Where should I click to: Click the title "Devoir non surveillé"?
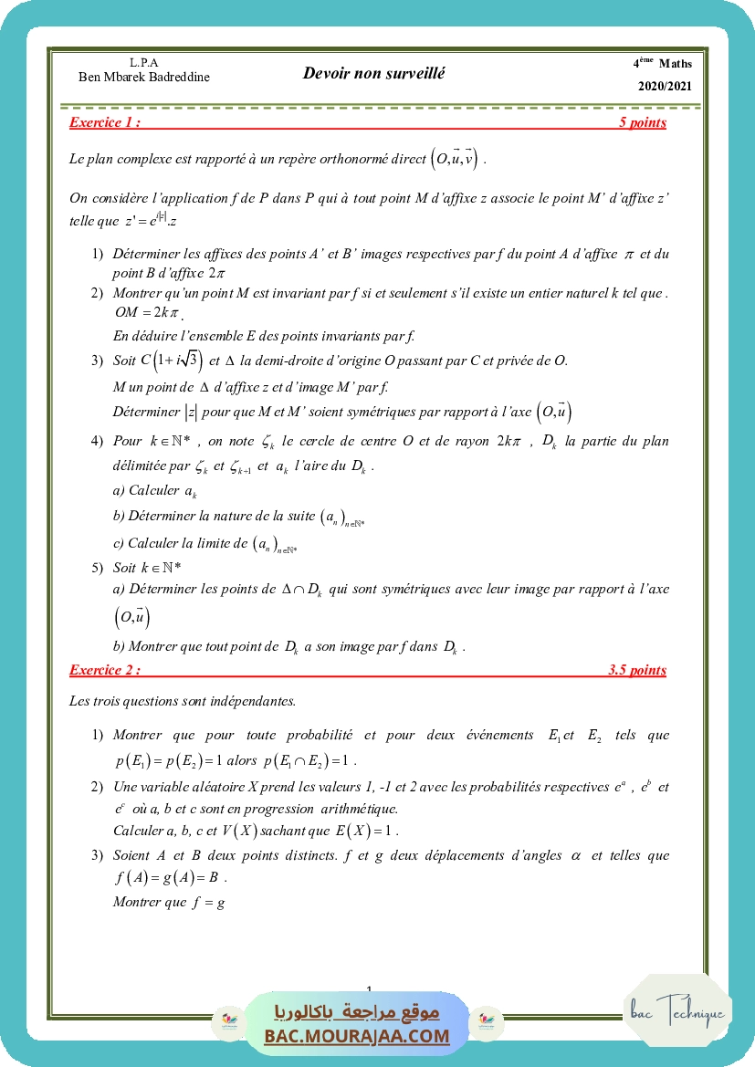click(x=373, y=73)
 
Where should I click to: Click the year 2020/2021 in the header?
click(x=665, y=87)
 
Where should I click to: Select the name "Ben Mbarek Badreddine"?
click(x=144, y=77)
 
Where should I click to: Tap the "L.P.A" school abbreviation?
click(x=144, y=62)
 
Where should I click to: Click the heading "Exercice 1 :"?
click(x=105, y=122)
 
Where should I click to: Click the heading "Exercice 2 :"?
click(x=105, y=670)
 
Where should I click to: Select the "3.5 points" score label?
click(x=636, y=670)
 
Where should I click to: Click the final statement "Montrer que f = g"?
click(x=169, y=902)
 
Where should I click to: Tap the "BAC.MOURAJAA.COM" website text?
click(x=357, y=1036)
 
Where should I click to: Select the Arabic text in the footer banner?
click(x=357, y=1012)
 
